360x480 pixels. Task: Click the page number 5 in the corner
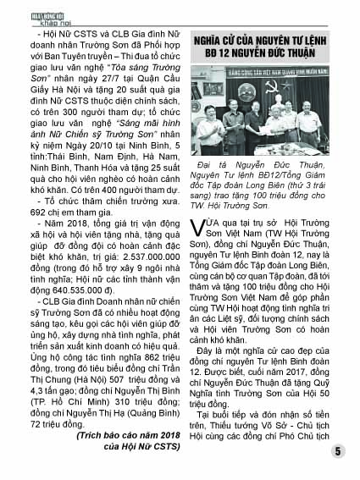(x=337, y=452)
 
